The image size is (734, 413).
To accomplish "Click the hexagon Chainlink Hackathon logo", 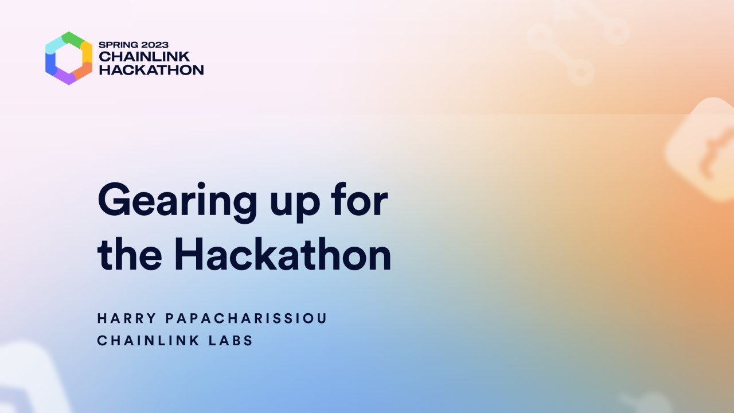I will pos(69,58).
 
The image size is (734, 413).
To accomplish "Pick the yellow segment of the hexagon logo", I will pos(87,52).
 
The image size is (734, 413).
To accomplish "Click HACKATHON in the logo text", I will pos(151,70).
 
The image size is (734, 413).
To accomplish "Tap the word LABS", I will pos(232,340).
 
